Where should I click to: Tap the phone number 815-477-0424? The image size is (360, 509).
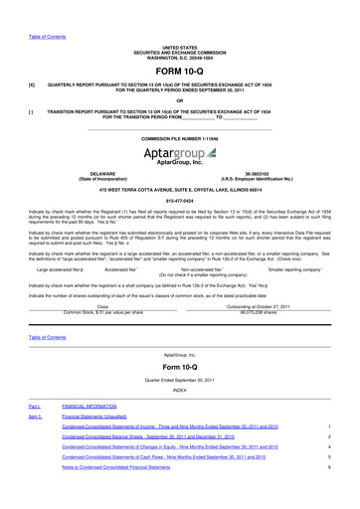pyautogui.click(x=179, y=204)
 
